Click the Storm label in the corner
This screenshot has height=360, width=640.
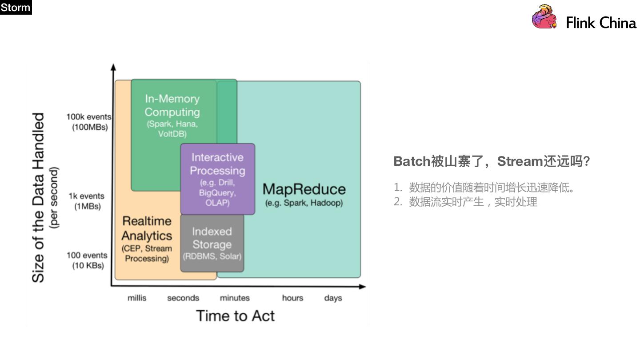tap(16, 7)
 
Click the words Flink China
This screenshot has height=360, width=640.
tap(601, 23)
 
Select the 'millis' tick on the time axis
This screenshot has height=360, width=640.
tap(137, 298)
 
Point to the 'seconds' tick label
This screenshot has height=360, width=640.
tap(183, 298)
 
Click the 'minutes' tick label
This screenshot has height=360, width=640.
tap(235, 298)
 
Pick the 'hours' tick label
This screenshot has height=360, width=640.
tap(292, 298)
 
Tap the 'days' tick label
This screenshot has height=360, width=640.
tap(333, 298)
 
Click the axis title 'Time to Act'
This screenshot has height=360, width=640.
tap(236, 316)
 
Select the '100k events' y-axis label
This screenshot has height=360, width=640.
tap(89, 117)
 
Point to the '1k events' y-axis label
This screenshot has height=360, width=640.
tap(86, 196)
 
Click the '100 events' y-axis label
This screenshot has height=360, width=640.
tap(87, 256)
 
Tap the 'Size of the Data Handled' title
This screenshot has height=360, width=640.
tap(39, 197)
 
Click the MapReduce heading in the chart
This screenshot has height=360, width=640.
tap(304, 189)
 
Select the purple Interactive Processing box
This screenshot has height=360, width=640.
tap(217, 179)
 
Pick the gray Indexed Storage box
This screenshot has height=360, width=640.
tap(212, 243)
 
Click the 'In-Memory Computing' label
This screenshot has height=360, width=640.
tap(172, 105)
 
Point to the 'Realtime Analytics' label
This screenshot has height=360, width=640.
tap(147, 228)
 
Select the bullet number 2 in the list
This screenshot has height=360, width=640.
tap(397, 202)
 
